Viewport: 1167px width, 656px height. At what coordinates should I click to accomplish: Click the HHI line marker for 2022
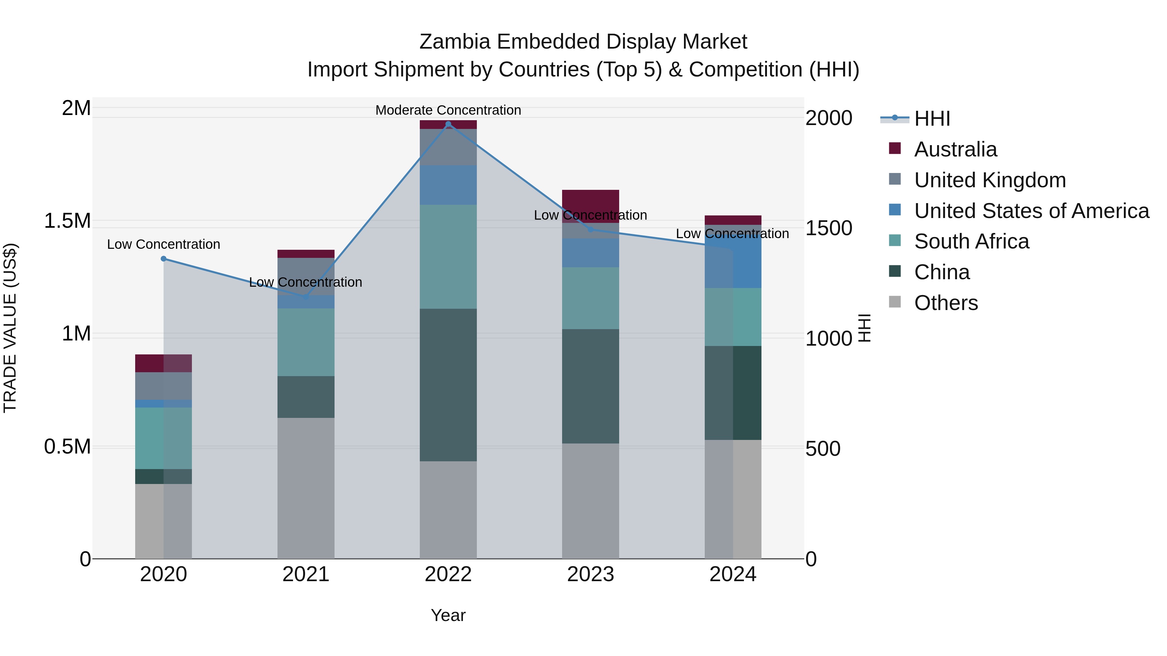448,124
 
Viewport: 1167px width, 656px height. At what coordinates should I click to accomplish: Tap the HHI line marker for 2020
164,259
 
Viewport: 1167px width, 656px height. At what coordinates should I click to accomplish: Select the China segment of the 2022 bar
448,385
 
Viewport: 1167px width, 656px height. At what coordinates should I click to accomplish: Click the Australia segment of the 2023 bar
590,201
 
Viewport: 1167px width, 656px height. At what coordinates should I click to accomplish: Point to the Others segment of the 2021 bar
306,488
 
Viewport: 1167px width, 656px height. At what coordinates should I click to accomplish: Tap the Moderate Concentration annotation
448,110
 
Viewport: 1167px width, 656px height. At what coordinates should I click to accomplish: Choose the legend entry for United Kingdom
990,180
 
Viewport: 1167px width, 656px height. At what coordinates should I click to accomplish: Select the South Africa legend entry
971,241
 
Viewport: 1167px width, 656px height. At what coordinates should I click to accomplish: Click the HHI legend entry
932,119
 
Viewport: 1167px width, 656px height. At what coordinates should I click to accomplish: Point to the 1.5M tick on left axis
67,221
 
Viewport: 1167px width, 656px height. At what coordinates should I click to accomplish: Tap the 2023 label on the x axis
590,574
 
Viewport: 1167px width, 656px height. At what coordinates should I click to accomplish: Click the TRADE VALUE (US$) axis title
10,328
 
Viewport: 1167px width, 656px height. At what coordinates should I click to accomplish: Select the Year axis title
448,615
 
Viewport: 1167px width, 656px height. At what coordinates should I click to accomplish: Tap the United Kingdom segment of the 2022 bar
448,147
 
